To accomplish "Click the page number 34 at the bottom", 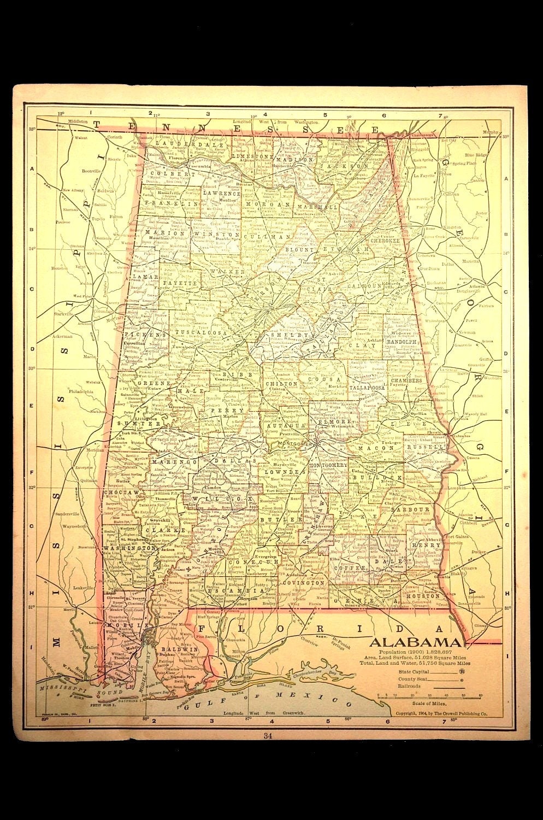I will pos(267,736).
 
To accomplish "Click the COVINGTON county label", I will pos(303,583).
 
